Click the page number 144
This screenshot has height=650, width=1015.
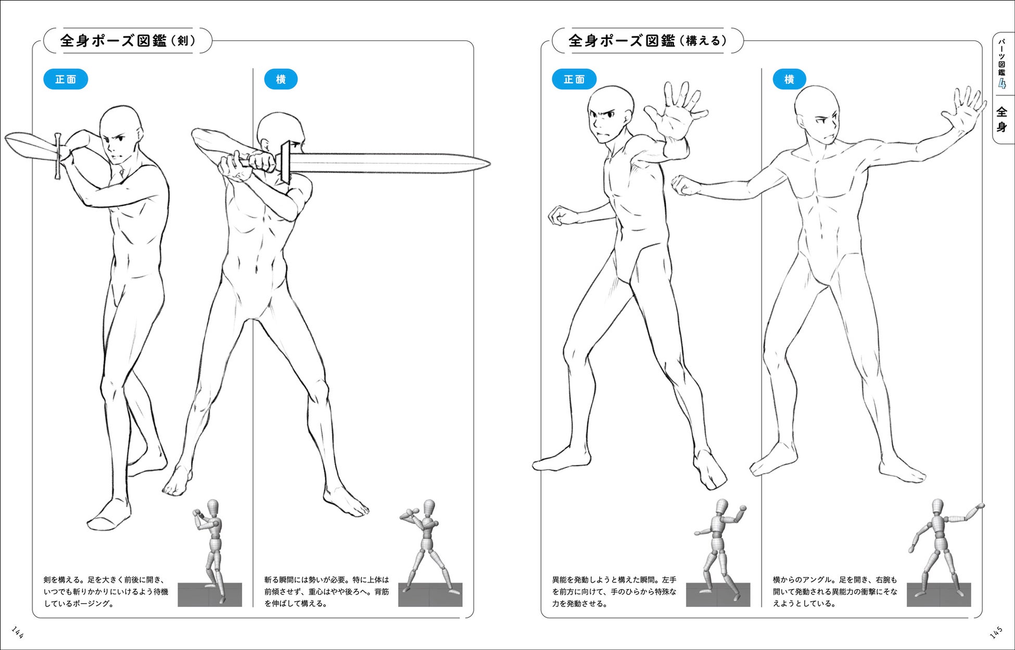(17, 632)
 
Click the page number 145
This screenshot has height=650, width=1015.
(996, 632)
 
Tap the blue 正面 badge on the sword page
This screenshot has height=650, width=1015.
(66, 80)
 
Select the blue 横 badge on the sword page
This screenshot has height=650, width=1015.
(281, 80)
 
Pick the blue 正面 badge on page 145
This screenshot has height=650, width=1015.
(574, 80)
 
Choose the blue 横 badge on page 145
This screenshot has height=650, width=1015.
(789, 80)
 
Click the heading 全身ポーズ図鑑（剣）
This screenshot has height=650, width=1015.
(128, 41)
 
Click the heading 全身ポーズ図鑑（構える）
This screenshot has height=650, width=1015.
(648, 41)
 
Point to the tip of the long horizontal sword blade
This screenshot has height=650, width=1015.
(490, 163)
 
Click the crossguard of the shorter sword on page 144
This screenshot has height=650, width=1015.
(58, 156)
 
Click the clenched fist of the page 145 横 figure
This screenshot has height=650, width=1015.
(684, 185)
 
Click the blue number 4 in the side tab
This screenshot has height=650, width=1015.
(1002, 84)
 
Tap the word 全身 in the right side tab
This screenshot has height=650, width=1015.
(1002, 119)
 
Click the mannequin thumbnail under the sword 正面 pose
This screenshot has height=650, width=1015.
(210, 553)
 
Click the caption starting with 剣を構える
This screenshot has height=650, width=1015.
(106, 592)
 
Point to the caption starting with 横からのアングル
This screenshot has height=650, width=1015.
(835, 592)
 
